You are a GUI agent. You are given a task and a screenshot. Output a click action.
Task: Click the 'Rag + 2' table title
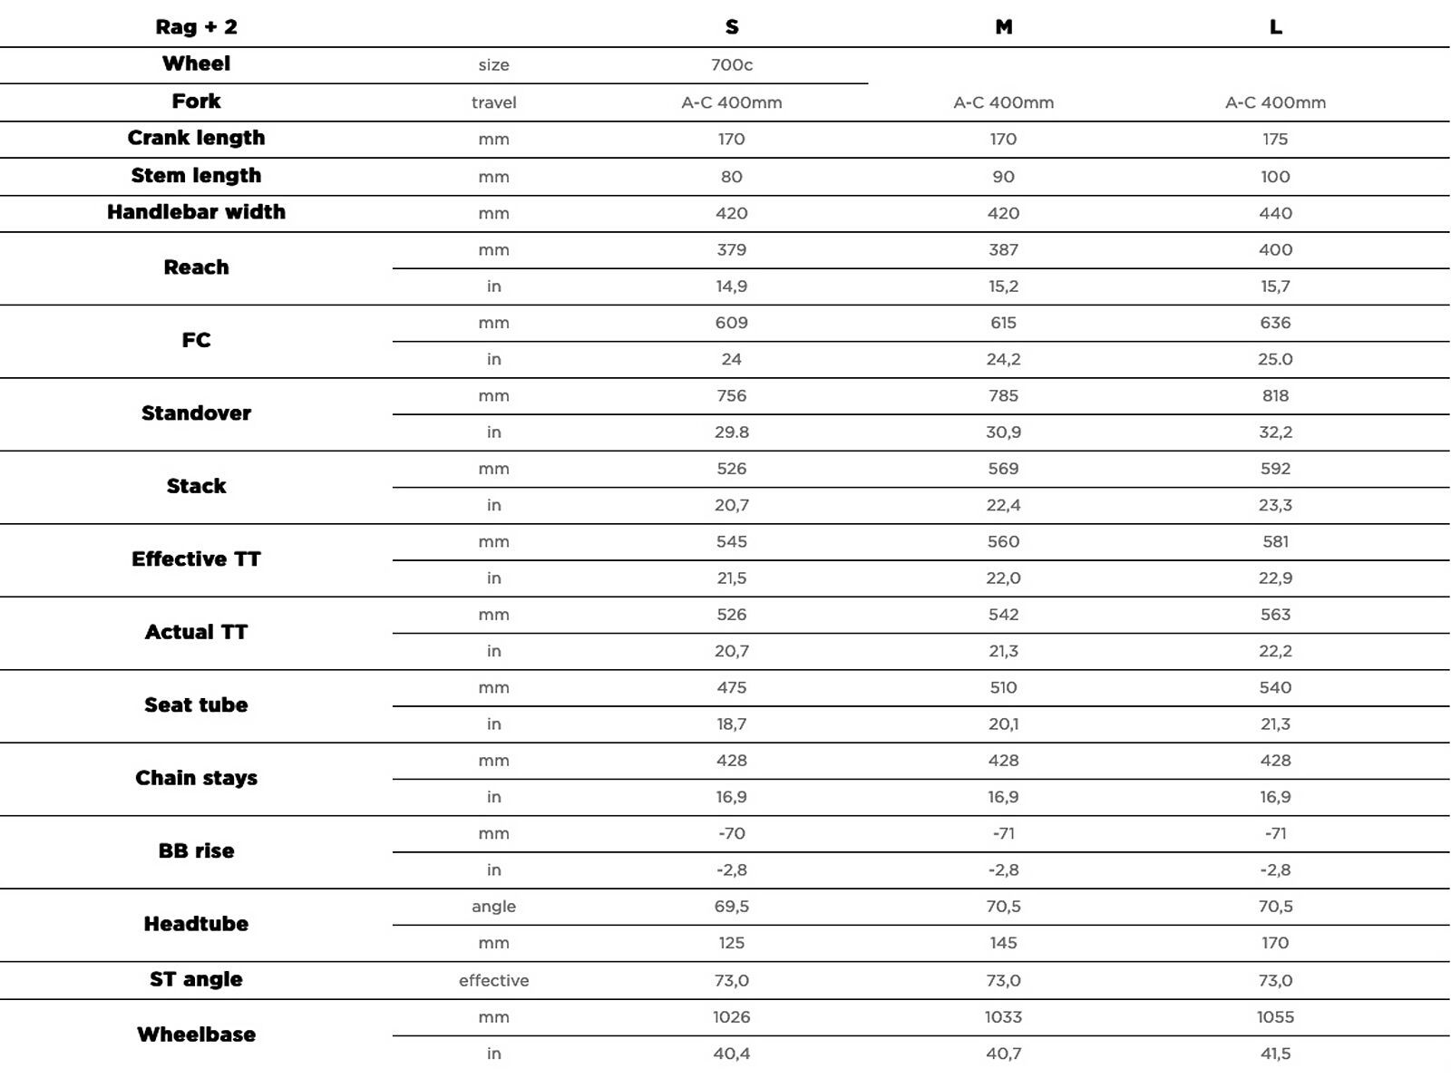pos(196,26)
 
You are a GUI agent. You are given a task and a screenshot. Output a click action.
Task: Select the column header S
pos(732,27)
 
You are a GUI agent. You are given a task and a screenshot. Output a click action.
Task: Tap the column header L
pos(1275,27)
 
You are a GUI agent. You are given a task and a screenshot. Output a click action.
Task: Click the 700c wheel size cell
pos(732,64)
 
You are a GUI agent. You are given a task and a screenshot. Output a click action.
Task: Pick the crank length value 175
pos(1275,139)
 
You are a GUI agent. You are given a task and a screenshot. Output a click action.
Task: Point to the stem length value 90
pos(1003,177)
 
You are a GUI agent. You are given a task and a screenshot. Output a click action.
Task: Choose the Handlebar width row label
pos(196,212)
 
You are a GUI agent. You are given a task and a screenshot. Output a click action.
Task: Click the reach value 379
pos(732,249)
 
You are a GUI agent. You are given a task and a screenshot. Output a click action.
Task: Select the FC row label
pos(196,340)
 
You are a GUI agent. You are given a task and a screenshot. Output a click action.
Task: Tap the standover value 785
pos(1003,395)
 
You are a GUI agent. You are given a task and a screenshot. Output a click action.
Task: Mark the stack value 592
pos(1275,469)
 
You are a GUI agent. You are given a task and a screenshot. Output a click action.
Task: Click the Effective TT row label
pos(196,559)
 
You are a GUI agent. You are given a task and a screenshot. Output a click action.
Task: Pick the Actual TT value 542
pos(1003,614)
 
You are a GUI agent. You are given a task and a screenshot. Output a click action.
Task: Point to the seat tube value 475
pos(732,687)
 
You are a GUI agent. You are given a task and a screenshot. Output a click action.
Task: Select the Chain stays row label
pos(196,778)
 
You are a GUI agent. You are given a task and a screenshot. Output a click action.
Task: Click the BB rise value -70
pos(732,833)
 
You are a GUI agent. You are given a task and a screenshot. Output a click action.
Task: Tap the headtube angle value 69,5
pos(732,906)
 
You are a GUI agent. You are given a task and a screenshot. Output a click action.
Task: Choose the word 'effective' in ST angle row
pos(493,980)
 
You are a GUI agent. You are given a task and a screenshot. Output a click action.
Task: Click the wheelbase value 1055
pos(1275,1016)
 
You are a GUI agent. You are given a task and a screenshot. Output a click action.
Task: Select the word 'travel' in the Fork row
pos(493,102)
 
